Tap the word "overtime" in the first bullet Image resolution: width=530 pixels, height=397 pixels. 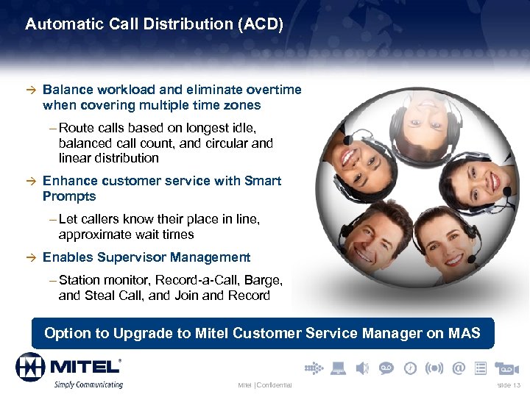click(273, 90)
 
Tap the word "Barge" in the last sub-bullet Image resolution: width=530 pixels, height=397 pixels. click(264, 280)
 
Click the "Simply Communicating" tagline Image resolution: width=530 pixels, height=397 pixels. click(87, 384)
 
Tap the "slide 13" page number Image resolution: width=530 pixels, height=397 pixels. click(509, 385)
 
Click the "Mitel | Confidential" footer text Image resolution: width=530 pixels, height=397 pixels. click(264, 385)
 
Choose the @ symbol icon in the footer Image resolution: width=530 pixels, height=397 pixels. click(459, 368)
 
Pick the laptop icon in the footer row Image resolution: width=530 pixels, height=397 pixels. click(338, 368)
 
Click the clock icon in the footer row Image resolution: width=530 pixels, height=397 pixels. click(411, 368)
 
